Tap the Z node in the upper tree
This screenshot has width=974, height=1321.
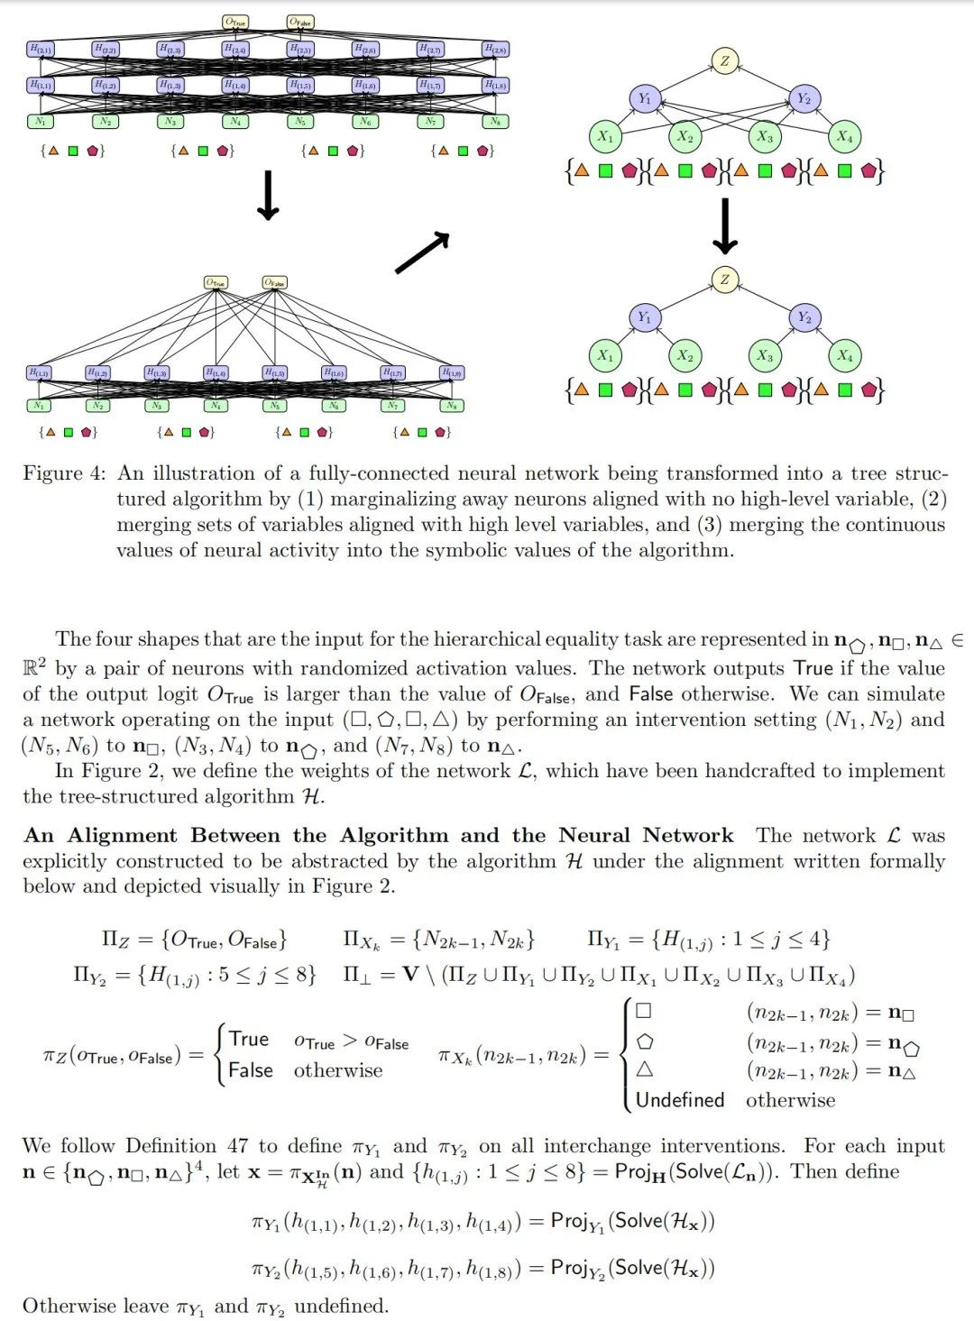[x=724, y=60]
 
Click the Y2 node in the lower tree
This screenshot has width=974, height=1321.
[x=804, y=317]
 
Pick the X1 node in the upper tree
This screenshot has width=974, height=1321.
[x=604, y=136]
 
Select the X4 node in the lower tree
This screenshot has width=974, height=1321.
[x=843, y=355]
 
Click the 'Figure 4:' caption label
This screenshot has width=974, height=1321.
[x=64, y=473]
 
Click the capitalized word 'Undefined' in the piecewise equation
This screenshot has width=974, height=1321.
[x=680, y=1100]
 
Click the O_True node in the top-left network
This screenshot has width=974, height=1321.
[x=235, y=22]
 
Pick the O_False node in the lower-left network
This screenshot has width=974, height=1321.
[x=274, y=283]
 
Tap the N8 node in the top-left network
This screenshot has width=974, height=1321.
[x=495, y=121]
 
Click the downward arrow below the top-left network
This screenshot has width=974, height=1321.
[x=268, y=196]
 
